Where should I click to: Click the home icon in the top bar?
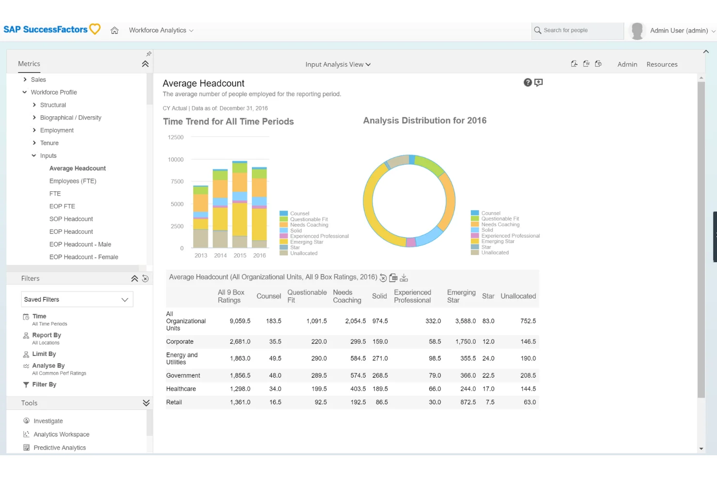[x=114, y=31]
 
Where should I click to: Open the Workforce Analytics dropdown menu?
[x=161, y=31]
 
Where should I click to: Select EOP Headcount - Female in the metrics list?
[x=83, y=257]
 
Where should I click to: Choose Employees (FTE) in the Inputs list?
[x=73, y=181]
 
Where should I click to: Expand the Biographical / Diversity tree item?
[x=34, y=118]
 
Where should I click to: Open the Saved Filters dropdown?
[x=77, y=300]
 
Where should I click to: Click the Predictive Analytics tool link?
[x=60, y=448]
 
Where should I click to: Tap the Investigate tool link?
[x=48, y=421]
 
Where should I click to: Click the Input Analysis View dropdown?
[x=338, y=64]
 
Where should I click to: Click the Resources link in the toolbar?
[x=662, y=64]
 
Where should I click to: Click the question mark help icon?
[x=528, y=83]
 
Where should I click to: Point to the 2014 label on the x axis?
[x=220, y=256]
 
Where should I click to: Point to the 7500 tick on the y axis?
[x=177, y=182]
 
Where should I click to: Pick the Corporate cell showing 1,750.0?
[x=465, y=342]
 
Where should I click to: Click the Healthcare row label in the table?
[x=181, y=389]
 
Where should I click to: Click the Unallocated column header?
[x=518, y=296]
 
